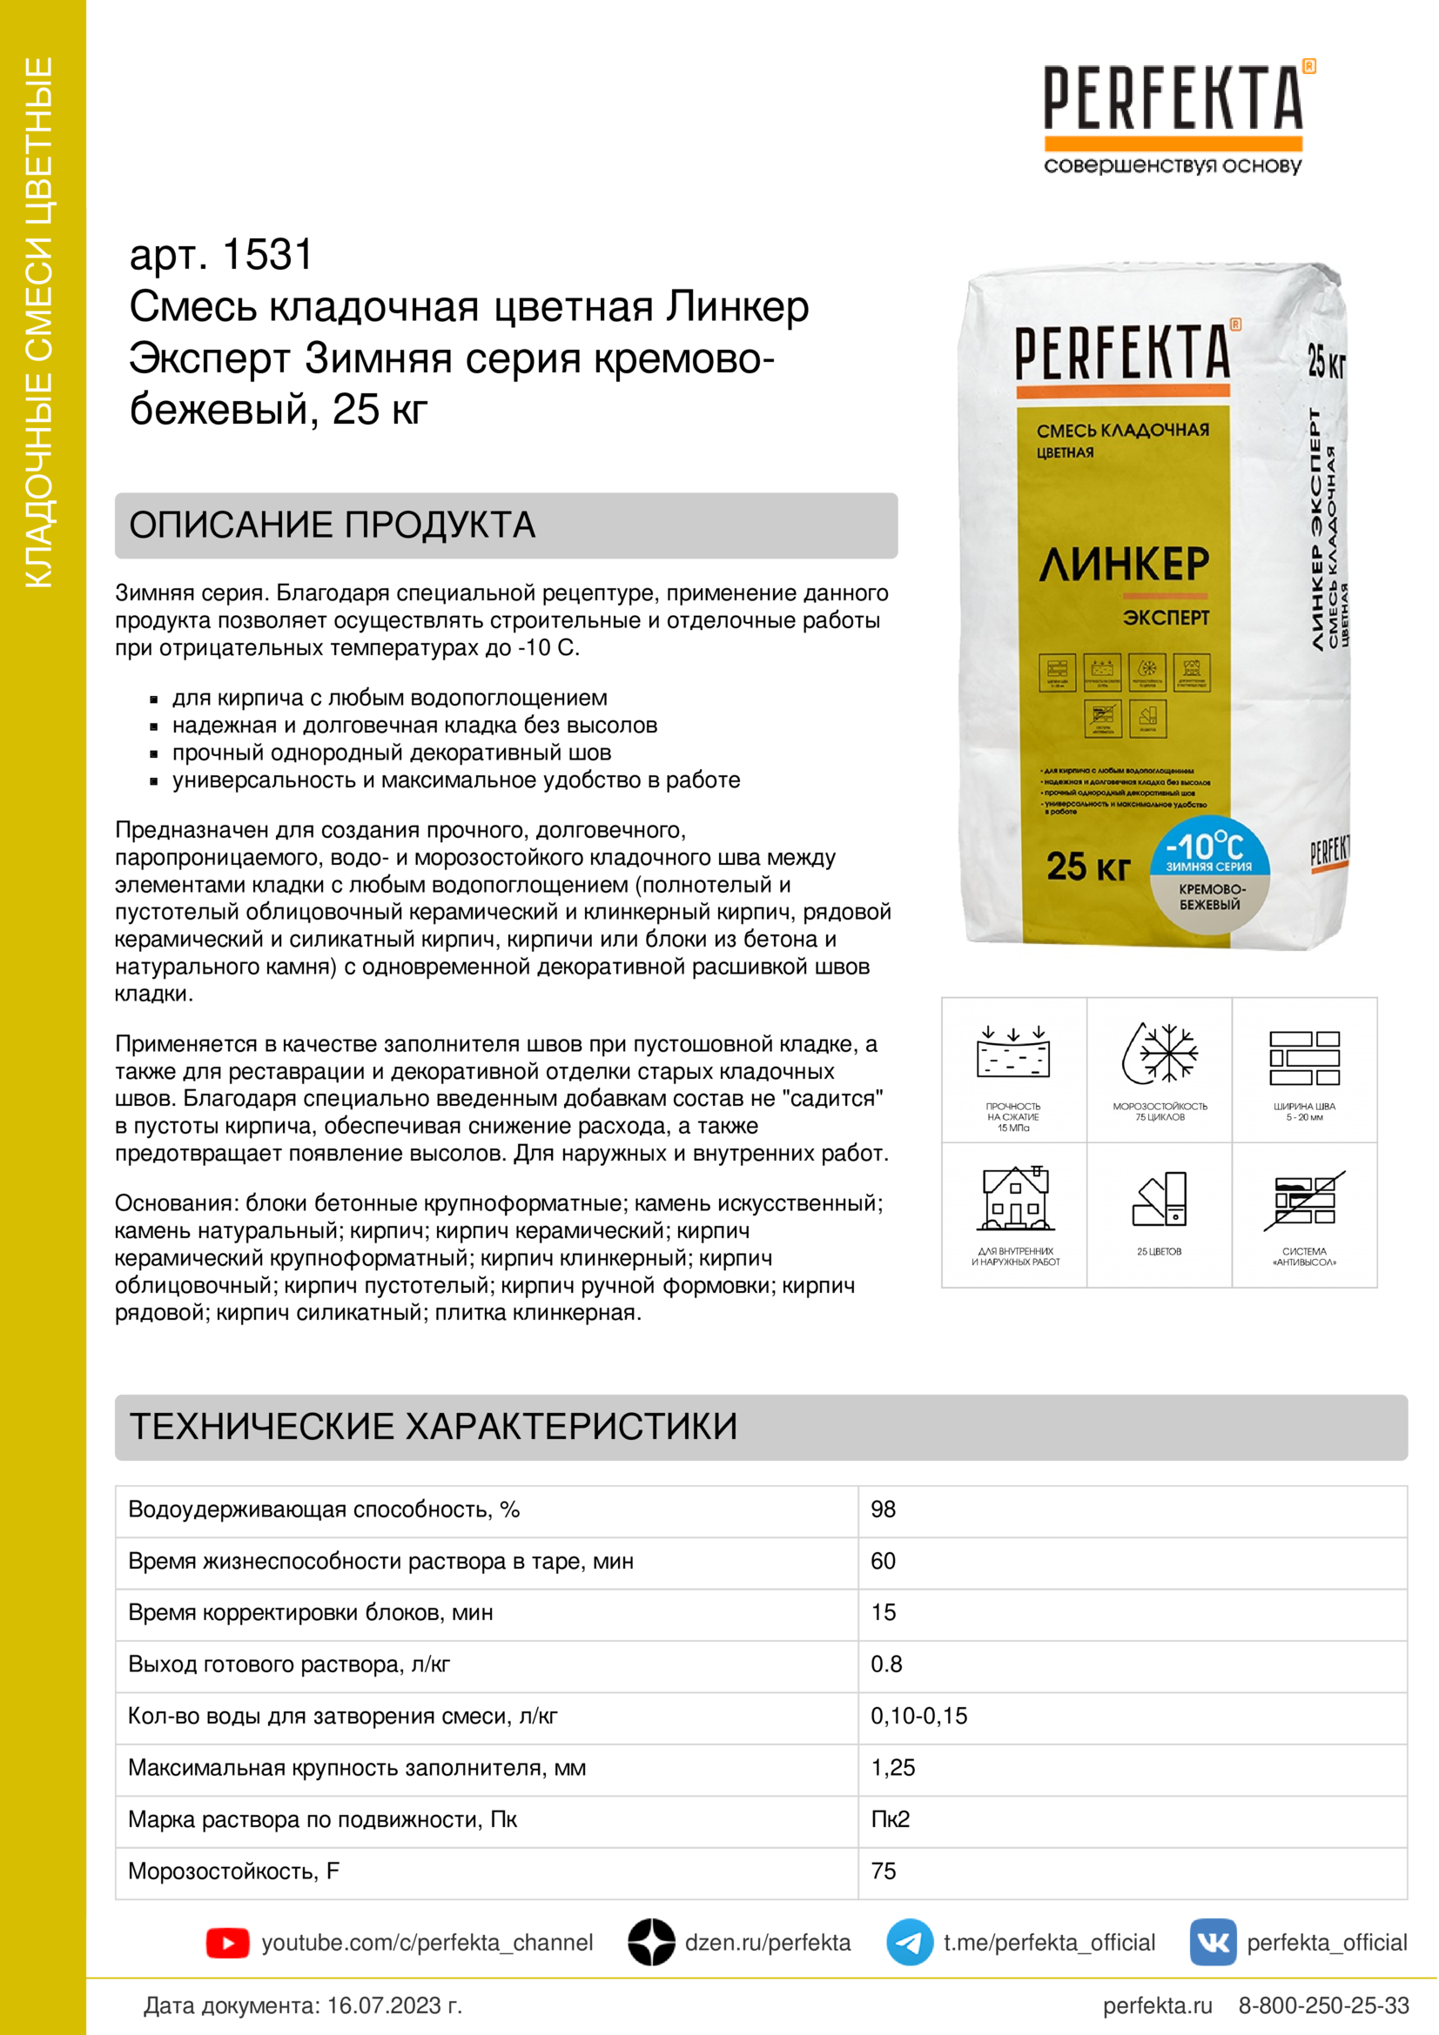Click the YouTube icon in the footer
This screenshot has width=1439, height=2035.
point(227,1943)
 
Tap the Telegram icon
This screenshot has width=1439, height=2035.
point(909,1943)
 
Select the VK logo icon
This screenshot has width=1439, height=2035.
point(1212,1943)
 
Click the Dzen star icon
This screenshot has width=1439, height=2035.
point(652,1943)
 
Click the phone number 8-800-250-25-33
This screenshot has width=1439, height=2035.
point(1323,2005)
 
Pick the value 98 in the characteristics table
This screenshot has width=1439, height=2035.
point(883,1510)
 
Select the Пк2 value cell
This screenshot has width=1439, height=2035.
point(891,1818)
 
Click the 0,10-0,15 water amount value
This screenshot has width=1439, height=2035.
point(918,1716)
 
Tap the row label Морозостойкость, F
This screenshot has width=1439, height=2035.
point(233,1871)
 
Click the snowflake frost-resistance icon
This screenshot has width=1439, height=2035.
point(1160,1054)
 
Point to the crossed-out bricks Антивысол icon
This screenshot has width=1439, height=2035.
point(1304,1200)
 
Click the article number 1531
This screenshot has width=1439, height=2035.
point(267,255)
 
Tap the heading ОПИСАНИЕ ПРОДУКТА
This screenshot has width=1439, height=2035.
point(333,525)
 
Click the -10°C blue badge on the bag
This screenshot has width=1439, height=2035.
point(1209,848)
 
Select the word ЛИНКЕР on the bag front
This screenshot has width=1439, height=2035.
point(1123,564)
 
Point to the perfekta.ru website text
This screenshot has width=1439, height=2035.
point(1157,2005)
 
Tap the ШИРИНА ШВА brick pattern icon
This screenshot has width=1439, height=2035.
point(1304,1057)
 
